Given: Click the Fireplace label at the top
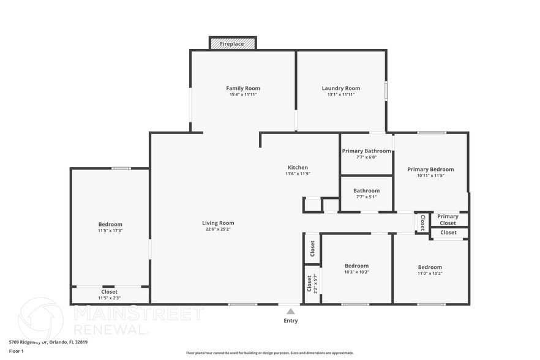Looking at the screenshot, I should [232, 44].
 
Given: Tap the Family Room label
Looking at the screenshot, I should [243, 89].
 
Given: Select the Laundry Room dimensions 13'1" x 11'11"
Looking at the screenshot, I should [341, 95].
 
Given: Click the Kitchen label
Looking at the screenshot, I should [298, 168].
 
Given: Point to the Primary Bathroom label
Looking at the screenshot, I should [366, 151].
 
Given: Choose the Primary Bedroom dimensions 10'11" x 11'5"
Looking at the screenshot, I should [430, 176].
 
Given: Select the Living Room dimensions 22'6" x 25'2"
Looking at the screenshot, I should [218, 230].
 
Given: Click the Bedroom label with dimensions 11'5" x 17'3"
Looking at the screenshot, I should [110, 225].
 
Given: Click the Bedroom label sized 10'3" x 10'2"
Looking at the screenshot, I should [356, 266].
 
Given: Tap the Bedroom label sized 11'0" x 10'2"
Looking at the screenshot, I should [430, 268].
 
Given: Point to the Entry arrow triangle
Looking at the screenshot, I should [290, 312].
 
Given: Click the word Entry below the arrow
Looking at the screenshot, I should [290, 321].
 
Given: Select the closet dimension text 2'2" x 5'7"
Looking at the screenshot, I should [315, 283].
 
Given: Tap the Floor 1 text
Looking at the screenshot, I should [16, 351].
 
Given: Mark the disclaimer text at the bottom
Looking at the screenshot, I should [269, 353].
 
